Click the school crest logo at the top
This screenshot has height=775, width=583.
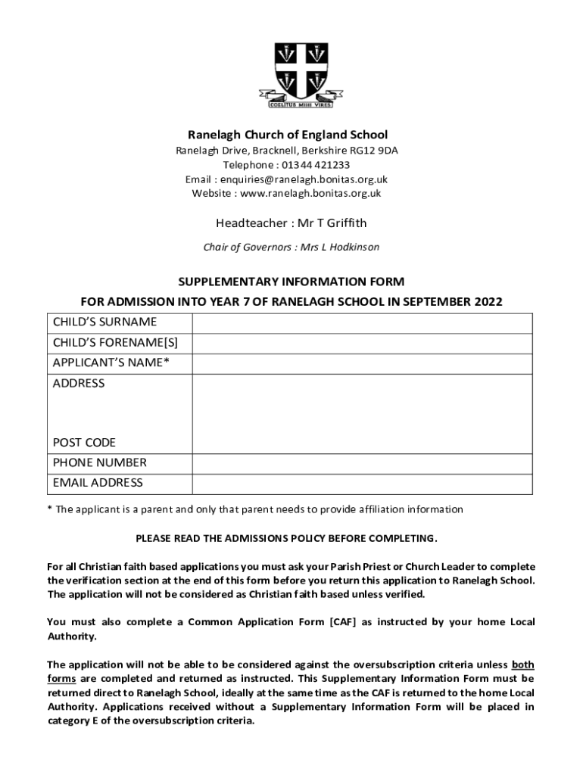point(291,73)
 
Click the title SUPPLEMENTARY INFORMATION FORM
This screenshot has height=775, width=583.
point(291,282)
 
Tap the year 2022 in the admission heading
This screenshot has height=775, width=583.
point(488,302)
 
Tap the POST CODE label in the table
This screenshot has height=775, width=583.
point(84,442)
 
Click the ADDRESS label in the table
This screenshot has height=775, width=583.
point(79,384)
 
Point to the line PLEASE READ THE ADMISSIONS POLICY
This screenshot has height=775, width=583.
point(286,538)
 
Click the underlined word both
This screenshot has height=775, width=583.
point(522,665)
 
